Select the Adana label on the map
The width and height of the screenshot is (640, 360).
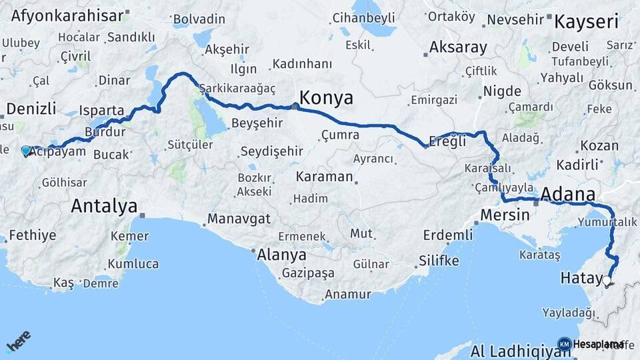pos(567,194)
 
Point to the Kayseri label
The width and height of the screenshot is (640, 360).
pos(587,21)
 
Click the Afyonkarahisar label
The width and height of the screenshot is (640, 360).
pos(69,15)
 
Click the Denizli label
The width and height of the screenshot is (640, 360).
pos(31,109)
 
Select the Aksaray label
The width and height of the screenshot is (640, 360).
pos(458,48)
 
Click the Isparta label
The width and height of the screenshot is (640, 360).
pos(101,110)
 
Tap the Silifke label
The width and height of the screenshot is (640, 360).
pos(439,261)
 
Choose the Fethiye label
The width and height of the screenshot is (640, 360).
pos(32,235)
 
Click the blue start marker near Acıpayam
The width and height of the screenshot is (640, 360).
pos(26,151)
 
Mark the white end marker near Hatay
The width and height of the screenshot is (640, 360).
pos(607,280)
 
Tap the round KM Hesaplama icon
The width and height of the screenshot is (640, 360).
pos(564,344)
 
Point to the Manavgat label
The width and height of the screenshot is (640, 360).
pos(239,219)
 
